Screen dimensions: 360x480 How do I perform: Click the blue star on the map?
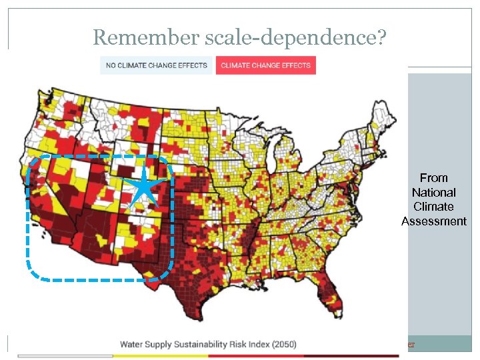[x=143, y=186]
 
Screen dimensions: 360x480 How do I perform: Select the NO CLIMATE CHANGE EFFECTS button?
[x=157, y=65]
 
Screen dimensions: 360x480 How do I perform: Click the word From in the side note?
[x=433, y=178]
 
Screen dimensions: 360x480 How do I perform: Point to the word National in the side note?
[x=433, y=192]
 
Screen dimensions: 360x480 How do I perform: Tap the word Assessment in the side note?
[x=433, y=221]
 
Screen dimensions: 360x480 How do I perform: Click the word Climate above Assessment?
[x=433, y=207]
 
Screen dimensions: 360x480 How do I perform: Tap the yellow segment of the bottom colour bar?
[x=160, y=356]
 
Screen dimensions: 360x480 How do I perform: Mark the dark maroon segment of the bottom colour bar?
[x=353, y=356]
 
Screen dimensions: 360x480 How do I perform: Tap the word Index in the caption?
[x=256, y=345]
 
